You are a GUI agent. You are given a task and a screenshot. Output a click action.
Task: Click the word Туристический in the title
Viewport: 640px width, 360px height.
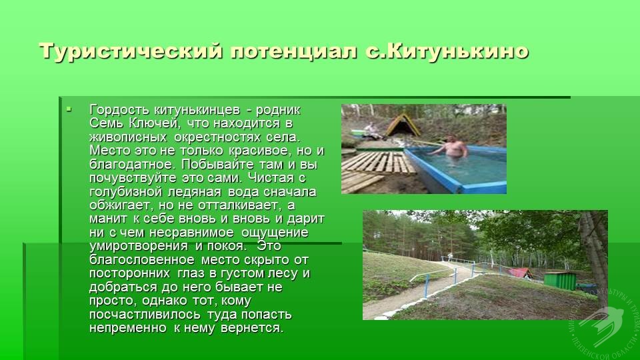click(131, 52)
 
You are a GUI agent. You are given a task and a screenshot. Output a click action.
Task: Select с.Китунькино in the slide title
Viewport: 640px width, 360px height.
click(447, 51)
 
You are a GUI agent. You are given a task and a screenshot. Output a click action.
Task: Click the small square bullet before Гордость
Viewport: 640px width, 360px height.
click(69, 109)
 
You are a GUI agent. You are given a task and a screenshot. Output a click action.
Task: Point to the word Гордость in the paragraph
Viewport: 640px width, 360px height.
click(119, 110)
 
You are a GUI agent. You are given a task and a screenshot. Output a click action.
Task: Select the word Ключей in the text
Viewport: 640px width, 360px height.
click(154, 123)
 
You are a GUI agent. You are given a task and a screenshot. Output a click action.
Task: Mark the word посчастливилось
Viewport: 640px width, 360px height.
click(145, 315)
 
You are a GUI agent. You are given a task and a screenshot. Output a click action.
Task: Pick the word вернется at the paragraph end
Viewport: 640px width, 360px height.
click(252, 328)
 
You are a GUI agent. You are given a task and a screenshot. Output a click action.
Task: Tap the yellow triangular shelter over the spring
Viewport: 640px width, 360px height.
click(403, 125)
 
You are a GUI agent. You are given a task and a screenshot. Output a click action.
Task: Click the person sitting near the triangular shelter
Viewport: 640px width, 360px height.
click(371, 130)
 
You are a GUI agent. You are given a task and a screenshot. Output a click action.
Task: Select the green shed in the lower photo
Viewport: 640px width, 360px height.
click(560, 281)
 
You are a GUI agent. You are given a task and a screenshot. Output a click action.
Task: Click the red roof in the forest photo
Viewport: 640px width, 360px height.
click(519, 272)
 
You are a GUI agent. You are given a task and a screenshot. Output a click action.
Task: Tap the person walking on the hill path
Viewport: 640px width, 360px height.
click(450, 257)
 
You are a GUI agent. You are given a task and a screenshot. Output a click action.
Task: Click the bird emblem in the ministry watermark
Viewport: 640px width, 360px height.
click(601, 324)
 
